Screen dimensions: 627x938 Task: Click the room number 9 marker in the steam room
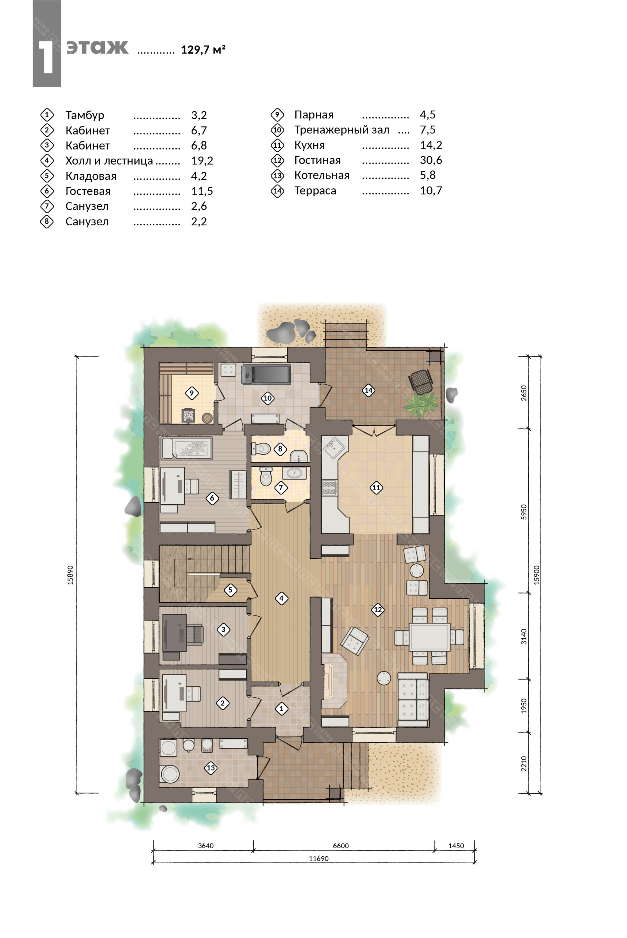coord(192,393)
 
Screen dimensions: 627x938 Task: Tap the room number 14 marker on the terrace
coord(368,390)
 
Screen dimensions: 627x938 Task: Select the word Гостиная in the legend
coord(317,160)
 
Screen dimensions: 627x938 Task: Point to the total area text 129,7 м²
coord(203,49)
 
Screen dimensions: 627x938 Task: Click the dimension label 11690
coord(319,858)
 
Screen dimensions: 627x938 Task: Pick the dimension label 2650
coord(524,393)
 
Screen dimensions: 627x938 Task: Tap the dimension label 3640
coord(206,845)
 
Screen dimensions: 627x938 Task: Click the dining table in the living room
coord(429,636)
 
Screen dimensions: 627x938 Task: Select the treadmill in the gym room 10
coord(266,374)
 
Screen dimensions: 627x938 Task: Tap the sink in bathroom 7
coord(294,473)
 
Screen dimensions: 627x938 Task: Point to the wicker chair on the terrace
coord(421,380)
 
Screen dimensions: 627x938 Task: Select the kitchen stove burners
coord(329,488)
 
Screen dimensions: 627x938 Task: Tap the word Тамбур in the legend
coord(85,115)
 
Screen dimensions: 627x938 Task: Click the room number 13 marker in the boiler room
coord(211,768)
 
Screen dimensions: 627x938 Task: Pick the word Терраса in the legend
coord(315,191)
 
